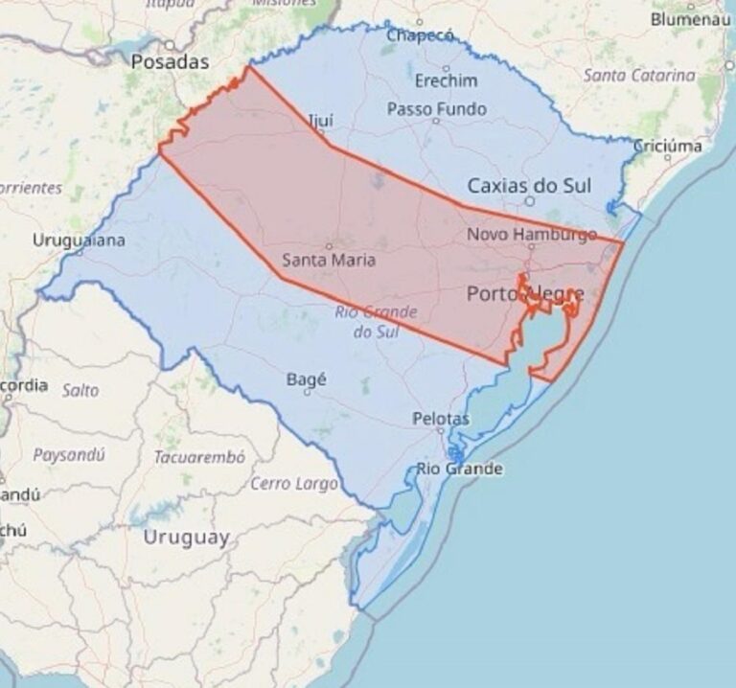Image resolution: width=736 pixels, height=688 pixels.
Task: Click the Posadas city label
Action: click(169, 62)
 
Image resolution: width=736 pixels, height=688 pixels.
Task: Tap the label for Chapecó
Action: click(419, 36)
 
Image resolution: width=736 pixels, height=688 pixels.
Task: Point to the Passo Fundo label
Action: click(436, 110)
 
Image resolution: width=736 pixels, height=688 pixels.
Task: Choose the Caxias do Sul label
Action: click(529, 185)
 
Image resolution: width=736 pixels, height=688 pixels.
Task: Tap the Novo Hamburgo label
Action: click(531, 234)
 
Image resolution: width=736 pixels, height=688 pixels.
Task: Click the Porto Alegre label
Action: click(524, 294)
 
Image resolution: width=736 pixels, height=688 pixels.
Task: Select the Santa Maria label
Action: click(329, 260)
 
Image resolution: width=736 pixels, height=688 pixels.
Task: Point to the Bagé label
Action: click(307, 380)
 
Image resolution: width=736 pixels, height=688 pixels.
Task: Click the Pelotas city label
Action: click(441, 420)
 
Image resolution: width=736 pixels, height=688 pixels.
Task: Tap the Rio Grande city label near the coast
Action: click(459, 470)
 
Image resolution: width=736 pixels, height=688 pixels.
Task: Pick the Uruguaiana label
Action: click(79, 241)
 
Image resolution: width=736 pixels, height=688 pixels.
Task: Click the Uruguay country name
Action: click(186, 538)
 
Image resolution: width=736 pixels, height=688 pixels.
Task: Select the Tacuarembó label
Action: click(200, 457)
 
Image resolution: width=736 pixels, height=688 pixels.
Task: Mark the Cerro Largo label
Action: click(294, 484)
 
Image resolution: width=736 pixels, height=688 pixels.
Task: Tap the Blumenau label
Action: click(690, 19)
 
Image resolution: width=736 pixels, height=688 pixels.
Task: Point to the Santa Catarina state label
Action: click(639, 75)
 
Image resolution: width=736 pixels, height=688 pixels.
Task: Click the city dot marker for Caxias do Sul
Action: click(529, 201)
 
